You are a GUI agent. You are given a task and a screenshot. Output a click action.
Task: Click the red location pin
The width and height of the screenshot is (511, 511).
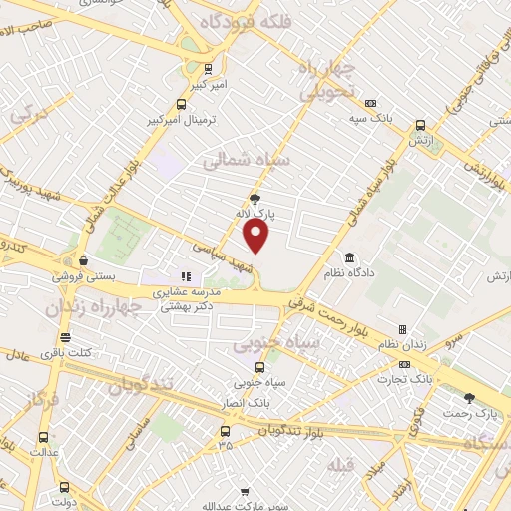point(256,236)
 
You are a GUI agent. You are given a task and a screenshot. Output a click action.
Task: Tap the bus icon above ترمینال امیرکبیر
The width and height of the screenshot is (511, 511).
point(181,103)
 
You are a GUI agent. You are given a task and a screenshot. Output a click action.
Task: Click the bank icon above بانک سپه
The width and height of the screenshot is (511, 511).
point(371,103)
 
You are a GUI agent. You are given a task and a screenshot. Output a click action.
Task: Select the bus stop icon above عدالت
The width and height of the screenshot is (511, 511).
point(44,437)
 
